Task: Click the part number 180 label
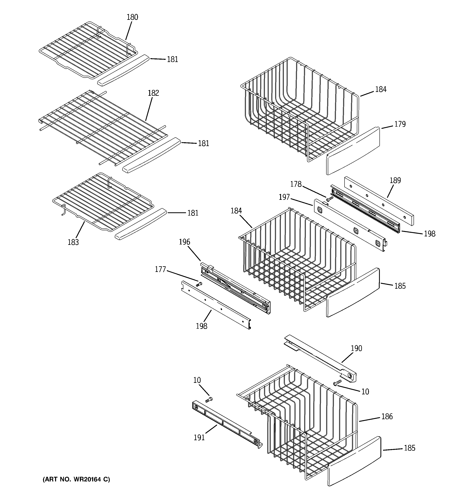click(x=132, y=17)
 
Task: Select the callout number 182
click(x=153, y=93)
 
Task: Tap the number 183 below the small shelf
click(x=73, y=242)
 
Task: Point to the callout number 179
click(x=400, y=124)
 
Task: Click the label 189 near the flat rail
click(x=395, y=180)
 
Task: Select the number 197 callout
click(x=284, y=197)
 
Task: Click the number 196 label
click(x=184, y=242)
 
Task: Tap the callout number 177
click(x=160, y=269)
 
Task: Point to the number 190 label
click(x=356, y=348)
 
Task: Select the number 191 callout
click(x=199, y=438)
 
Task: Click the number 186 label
click(x=387, y=417)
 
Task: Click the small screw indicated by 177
click(x=199, y=284)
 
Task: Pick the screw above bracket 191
click(x=209, y=399)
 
